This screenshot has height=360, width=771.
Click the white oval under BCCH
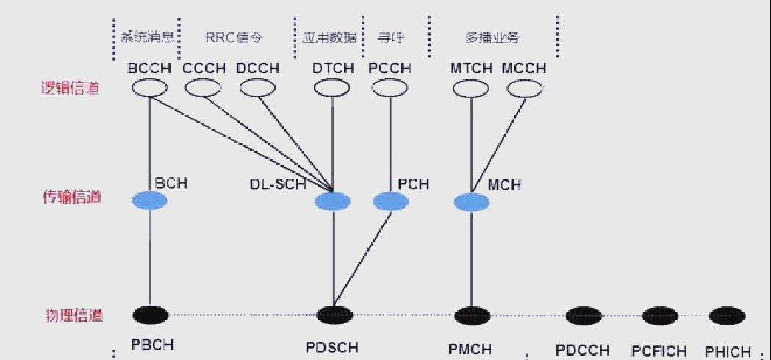(150, 88)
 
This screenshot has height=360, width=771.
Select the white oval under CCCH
(204, 88)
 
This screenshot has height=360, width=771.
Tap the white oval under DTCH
(332, 88)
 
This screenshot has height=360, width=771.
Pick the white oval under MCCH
(526, 88)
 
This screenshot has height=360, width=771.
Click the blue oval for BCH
(150, 200)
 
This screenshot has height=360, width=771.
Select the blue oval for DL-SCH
(333, 201)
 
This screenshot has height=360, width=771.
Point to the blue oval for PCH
(391, 201)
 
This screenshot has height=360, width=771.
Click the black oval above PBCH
(151, 315)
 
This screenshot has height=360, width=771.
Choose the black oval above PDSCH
(334, 315)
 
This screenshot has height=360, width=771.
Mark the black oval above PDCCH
(584, 316)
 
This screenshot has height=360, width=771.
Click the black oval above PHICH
(728, 316)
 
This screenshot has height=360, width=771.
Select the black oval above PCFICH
(660, 316)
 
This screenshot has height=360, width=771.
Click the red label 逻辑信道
(70, 88)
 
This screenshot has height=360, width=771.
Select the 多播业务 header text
(492, 37)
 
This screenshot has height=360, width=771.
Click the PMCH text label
(470, 349)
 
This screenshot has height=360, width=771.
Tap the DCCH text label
(258, 68)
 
